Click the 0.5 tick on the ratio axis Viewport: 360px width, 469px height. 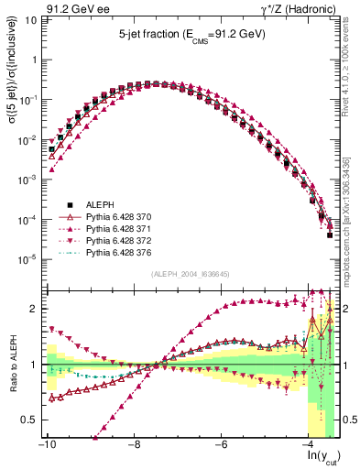coord(28,420)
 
